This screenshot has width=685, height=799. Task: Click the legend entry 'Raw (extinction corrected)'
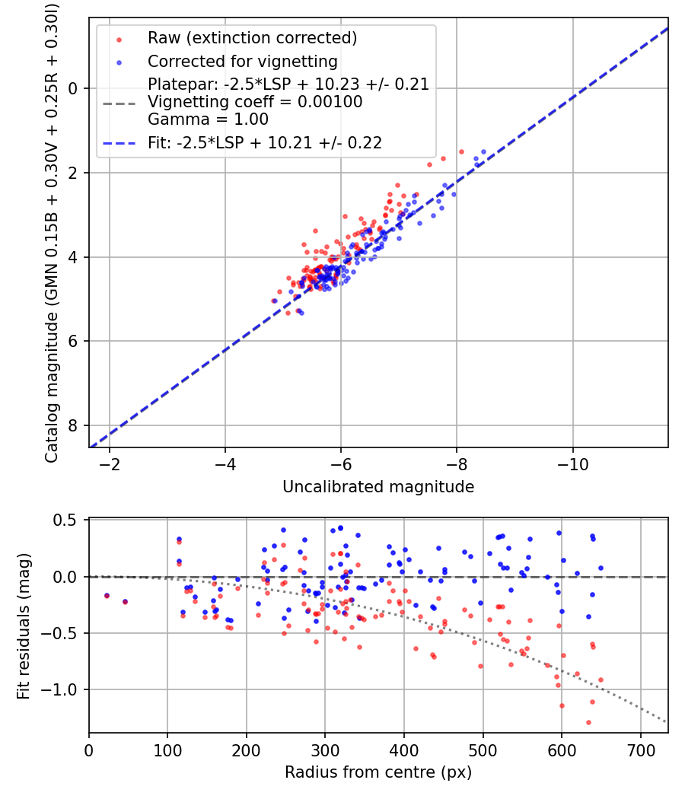coord(252,37)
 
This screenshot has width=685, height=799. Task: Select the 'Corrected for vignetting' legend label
coord(242,61)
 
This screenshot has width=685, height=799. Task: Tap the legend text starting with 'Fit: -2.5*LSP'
coord(265,142)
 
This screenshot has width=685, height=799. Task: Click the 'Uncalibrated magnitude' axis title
coord(378,487)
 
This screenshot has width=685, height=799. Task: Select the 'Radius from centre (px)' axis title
coord(378,772)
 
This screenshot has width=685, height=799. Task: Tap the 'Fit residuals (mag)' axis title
coord(24,626)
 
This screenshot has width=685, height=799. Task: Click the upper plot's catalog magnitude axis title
coord(52,232)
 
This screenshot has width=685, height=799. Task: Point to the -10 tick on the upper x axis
coord(572,464)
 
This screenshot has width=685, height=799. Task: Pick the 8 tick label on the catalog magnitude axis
coord(73,425)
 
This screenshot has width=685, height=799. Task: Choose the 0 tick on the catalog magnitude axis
coord(73,88)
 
